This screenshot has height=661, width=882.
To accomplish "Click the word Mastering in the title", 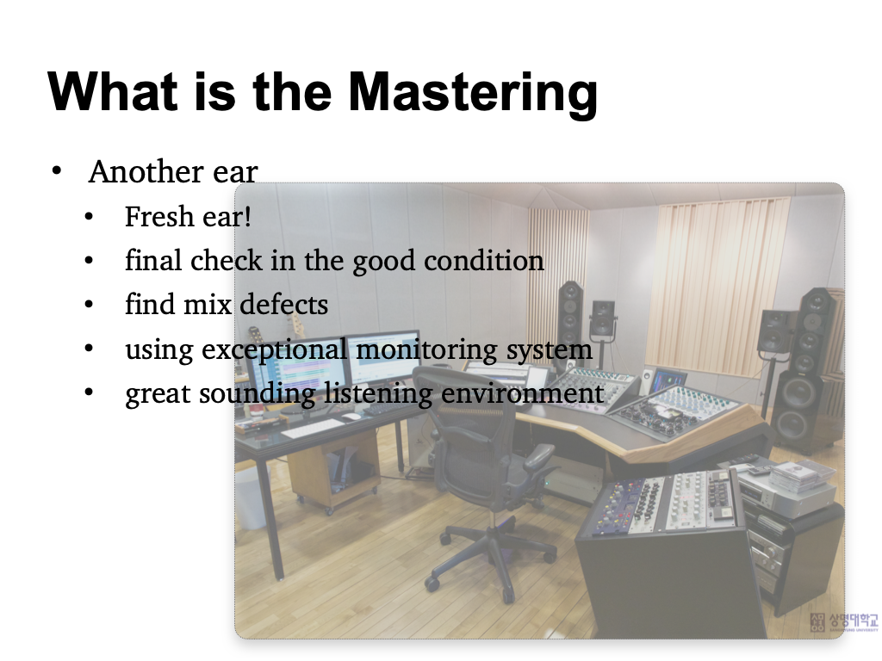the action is coord(473,93).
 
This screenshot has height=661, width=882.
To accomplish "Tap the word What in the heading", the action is coord(113,90).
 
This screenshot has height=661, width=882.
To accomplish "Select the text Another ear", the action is coord(172,171).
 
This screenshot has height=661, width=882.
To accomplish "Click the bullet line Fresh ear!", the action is coord(188,216).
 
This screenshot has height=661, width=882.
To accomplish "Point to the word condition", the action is coord(484,260).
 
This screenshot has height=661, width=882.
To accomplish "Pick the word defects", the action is coord(284,304).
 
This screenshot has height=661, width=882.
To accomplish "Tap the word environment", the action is coord(523,392).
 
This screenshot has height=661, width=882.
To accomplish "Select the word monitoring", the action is coord(426,350).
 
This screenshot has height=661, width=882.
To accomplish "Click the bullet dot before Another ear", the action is coord(56,170).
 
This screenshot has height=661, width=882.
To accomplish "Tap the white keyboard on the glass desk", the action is coord(313,429).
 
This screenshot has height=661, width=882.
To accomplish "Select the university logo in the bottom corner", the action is coord(844,621).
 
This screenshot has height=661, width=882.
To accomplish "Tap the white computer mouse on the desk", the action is coord(351,417).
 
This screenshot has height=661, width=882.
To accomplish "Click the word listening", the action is coord(378,392).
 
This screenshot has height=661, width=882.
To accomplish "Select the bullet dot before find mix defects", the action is coord(89,304).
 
